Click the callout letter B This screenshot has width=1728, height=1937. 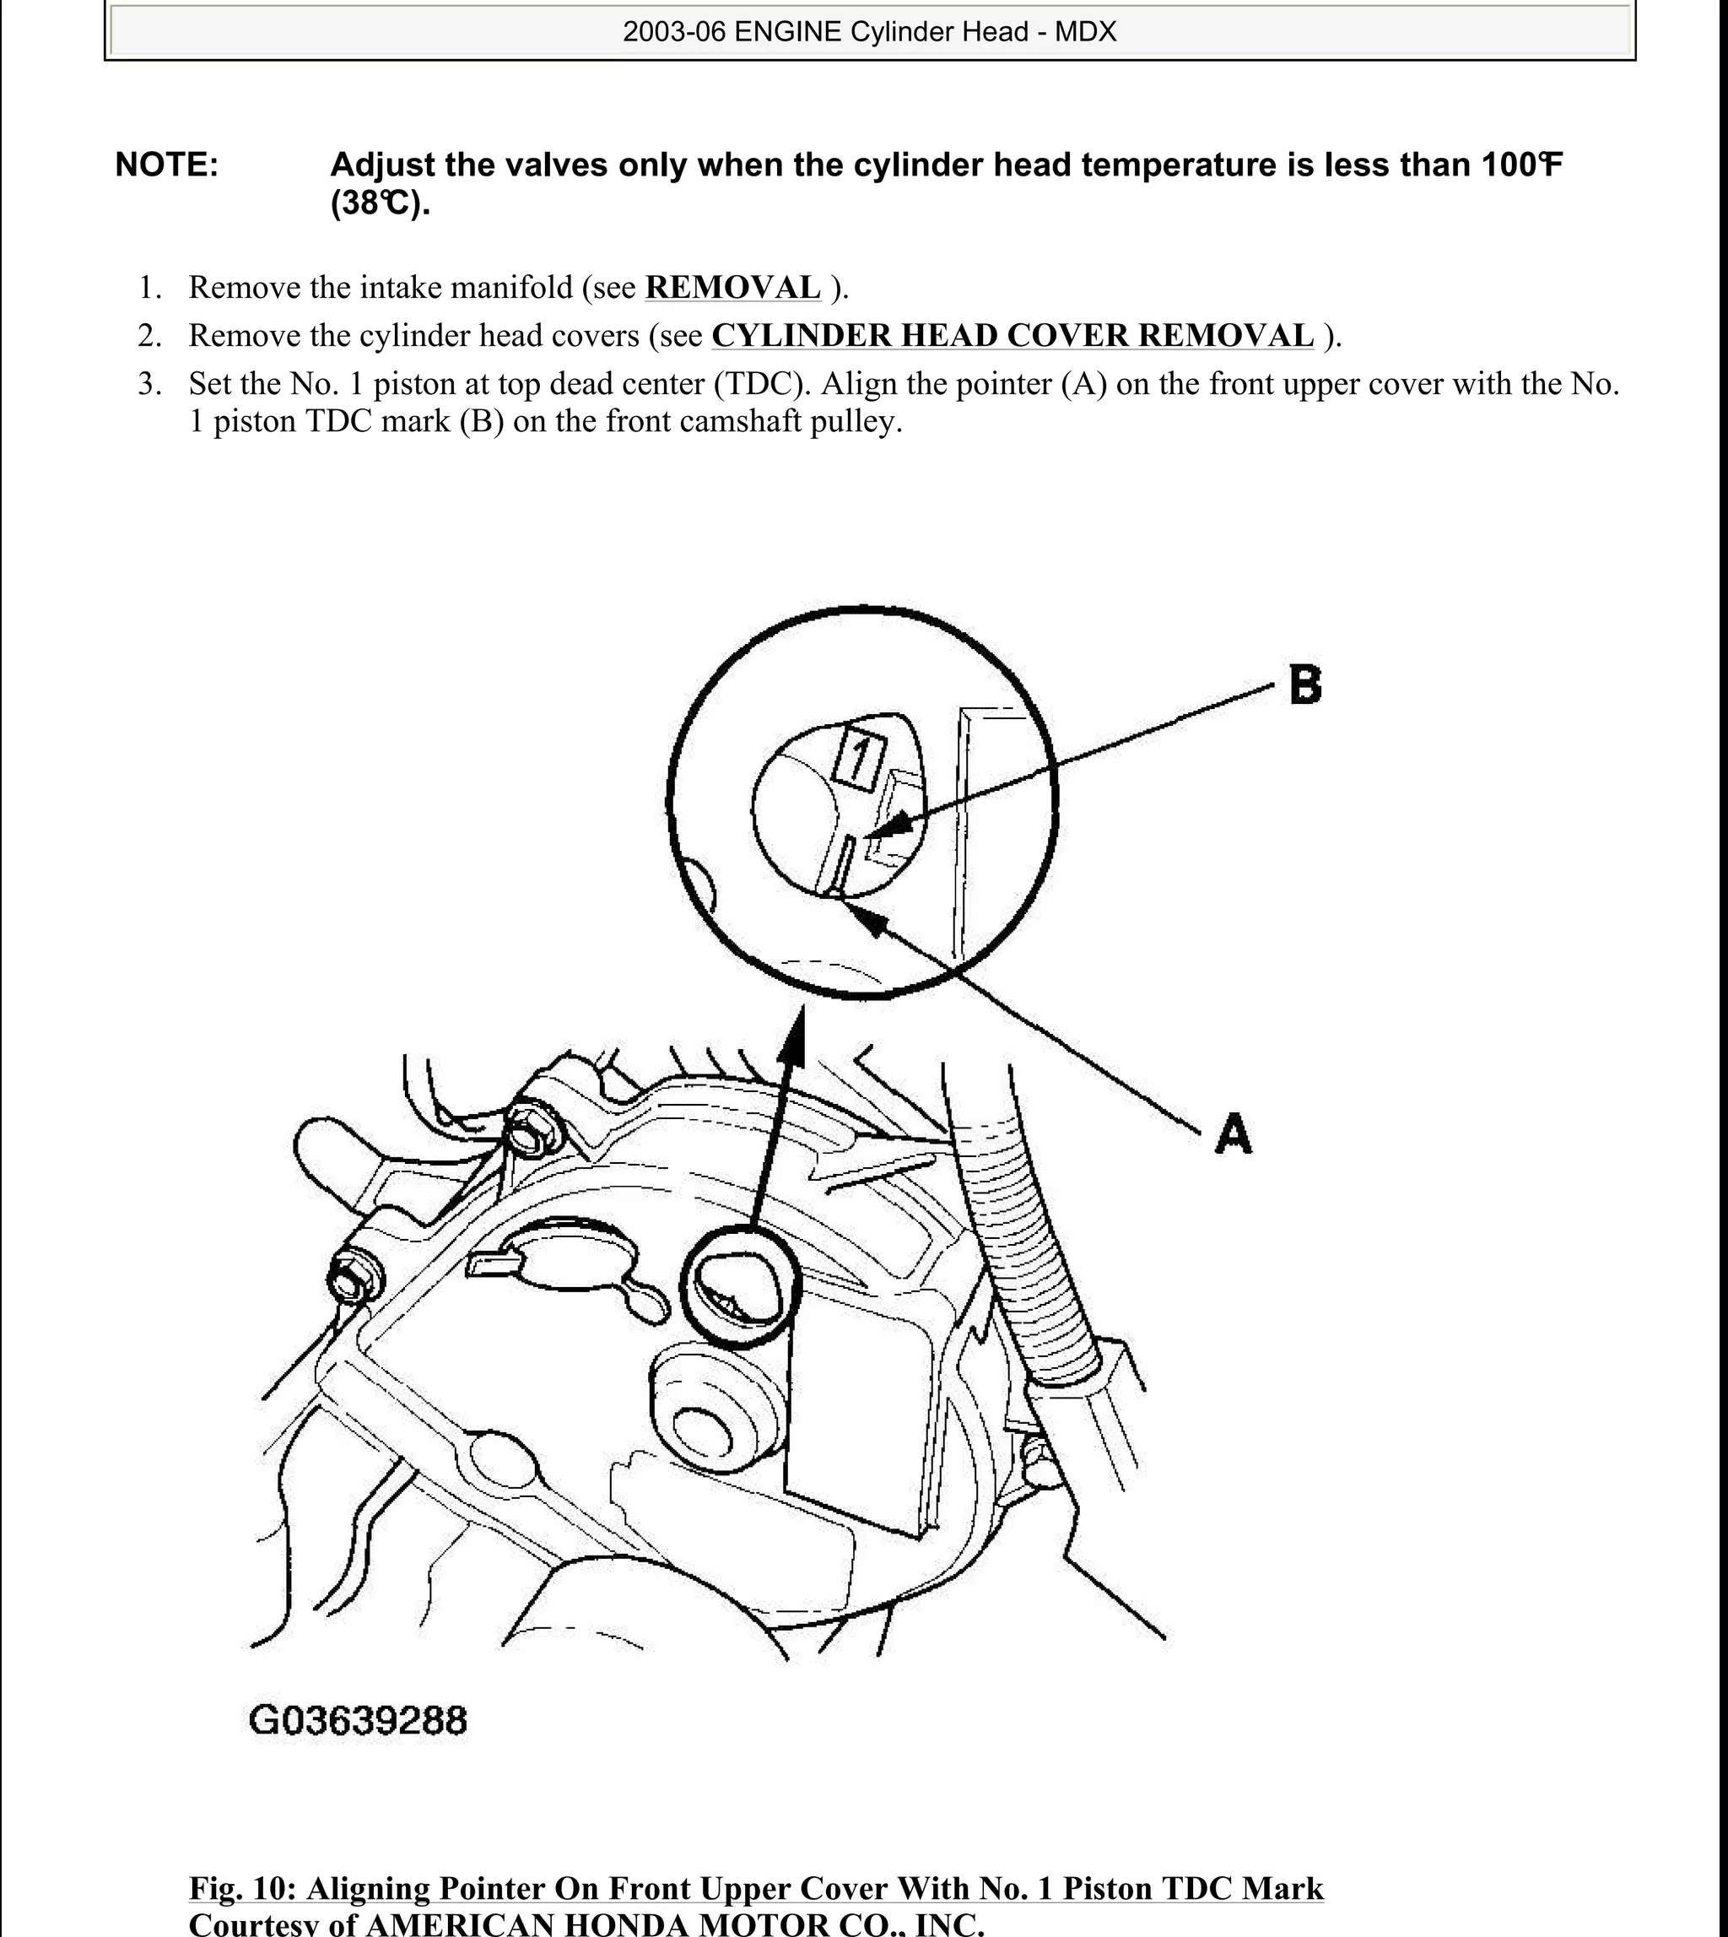point(1305,684)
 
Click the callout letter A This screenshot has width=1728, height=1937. point(1234,1134)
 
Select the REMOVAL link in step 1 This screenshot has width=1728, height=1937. point(732,288)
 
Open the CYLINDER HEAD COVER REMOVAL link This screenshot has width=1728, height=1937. point(1012,336)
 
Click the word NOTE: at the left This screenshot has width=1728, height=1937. point(167,165)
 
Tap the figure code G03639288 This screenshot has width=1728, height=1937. point(358,1720)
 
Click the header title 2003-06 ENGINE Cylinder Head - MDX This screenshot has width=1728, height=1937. point(869,32)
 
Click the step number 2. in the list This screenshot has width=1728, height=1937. point(150,336)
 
